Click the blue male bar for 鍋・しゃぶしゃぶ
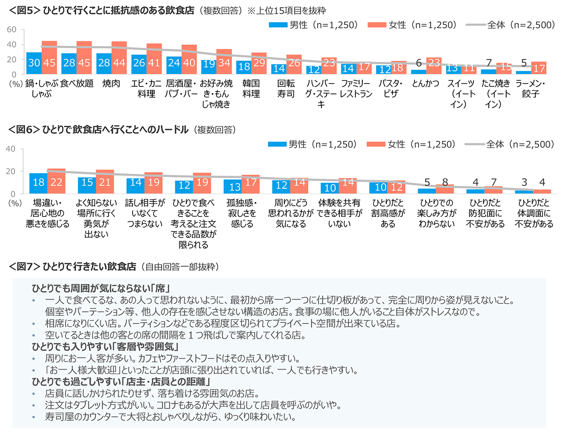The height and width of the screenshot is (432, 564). click(34, 63)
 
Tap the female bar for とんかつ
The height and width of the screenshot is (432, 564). click(434, 66)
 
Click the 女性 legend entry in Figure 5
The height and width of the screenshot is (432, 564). click(412, 25)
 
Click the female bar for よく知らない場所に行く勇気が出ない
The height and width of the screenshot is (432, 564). click(105, 182)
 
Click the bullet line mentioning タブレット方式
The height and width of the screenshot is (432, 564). click(193, 405)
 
